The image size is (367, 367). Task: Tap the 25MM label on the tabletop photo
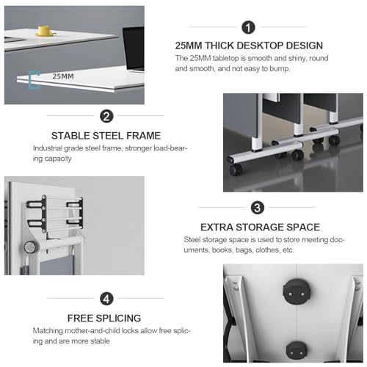[x=63, y=76]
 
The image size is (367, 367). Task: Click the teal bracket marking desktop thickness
[x=34, y=80]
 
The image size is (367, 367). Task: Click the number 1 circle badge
[x=248, y=27]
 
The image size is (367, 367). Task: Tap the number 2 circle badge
[x=106, y=116]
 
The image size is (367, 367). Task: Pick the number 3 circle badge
[x=258, y=208]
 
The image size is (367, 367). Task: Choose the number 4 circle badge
[x=106, y=299]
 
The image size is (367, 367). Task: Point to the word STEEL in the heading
[x=108, y=136]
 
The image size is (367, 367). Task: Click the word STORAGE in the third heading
[x=260, y=228]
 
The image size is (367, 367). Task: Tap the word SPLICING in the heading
[x=118, y=319]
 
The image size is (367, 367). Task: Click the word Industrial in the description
[x=48, y=148]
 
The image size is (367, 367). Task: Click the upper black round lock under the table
[x=297, y=291]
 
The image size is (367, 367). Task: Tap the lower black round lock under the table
[x=297, y=350]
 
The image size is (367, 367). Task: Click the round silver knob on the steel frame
[x=30, y=247]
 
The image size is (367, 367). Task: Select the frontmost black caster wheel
[x=236, y=170]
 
